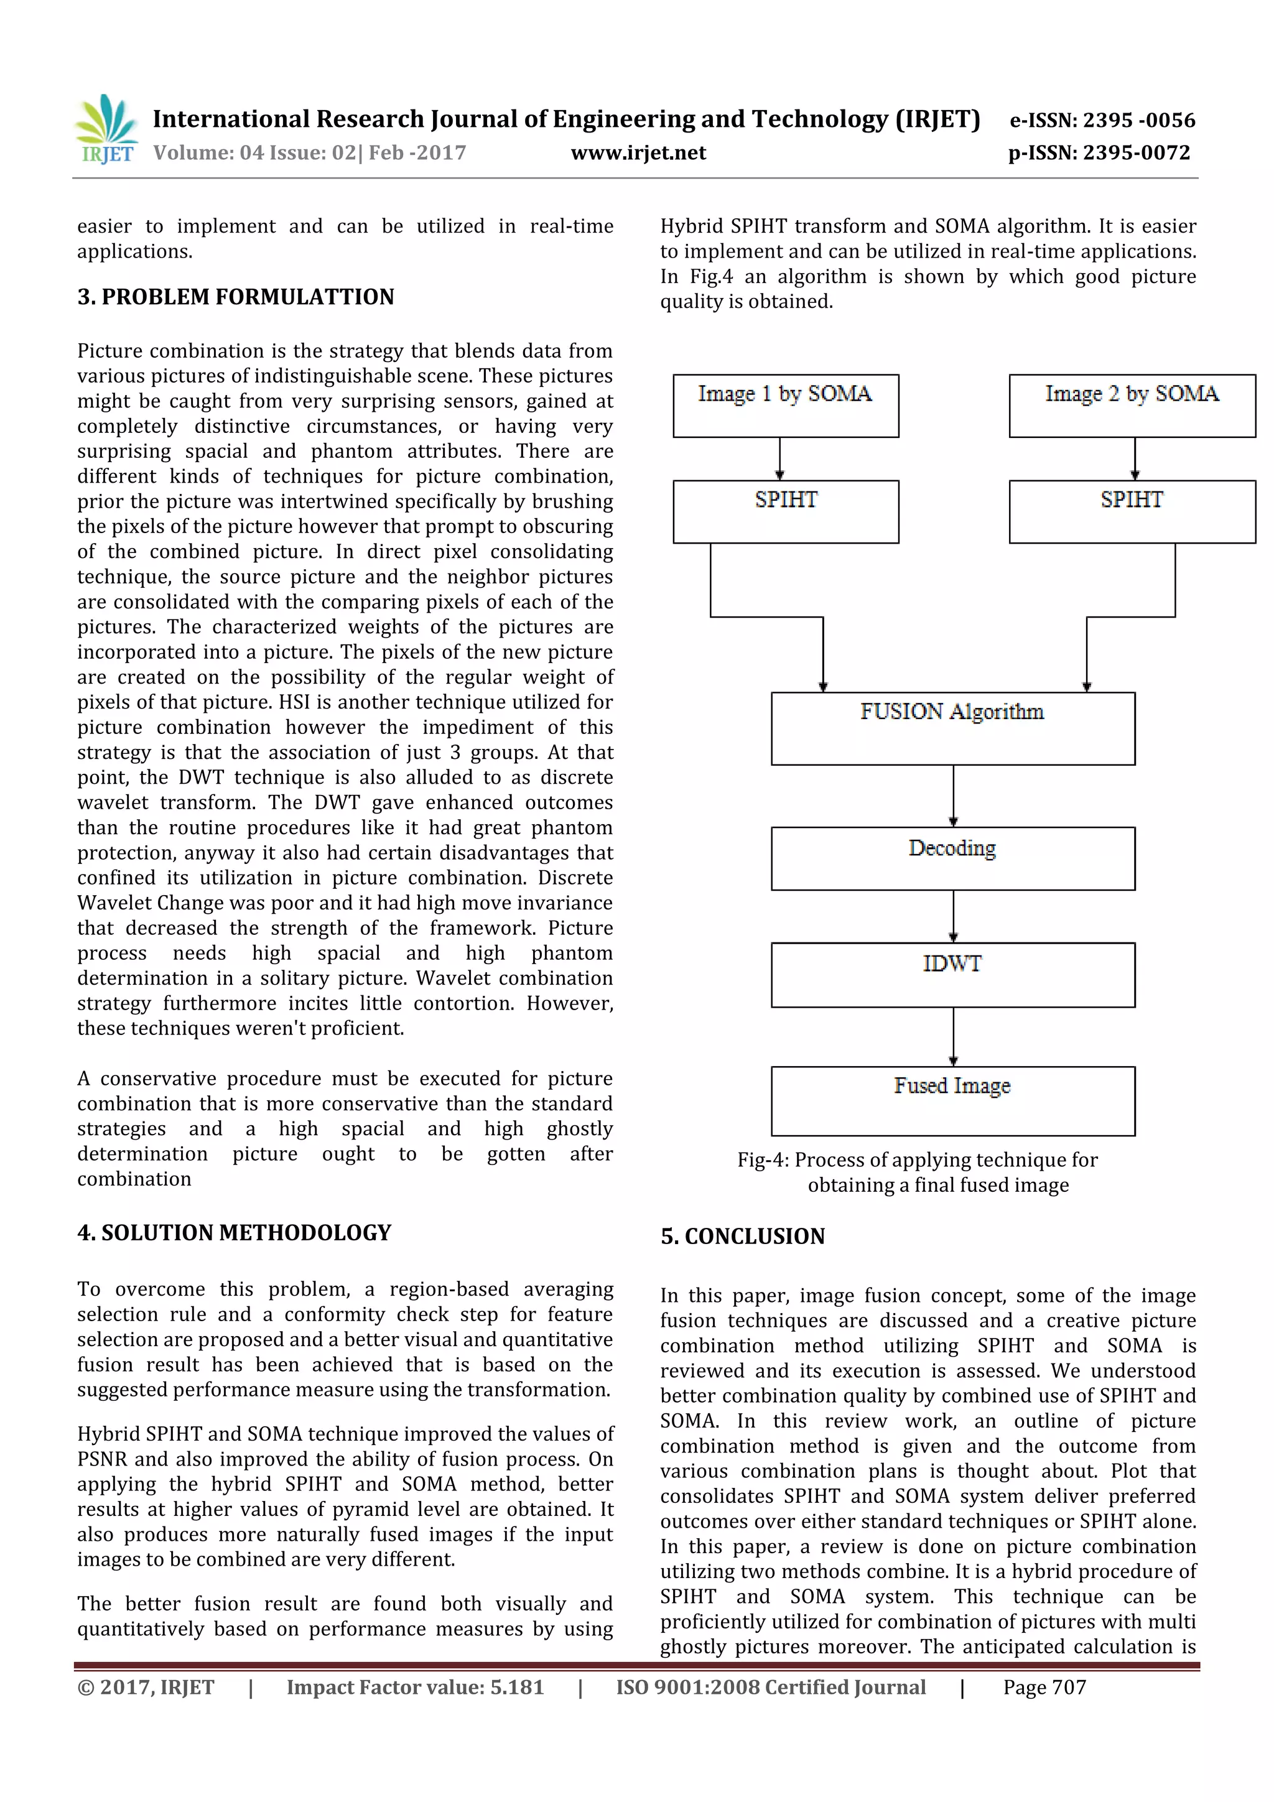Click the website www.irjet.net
coord(638,152)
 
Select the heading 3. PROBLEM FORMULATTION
coord(236,297)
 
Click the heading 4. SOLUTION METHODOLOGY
coord(234,1232)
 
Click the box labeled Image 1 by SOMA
coord(785,406)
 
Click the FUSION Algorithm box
coord(952,728)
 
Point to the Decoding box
coord(952,858)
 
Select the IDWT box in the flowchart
coord(952,974)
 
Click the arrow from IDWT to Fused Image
coord(953,1036)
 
